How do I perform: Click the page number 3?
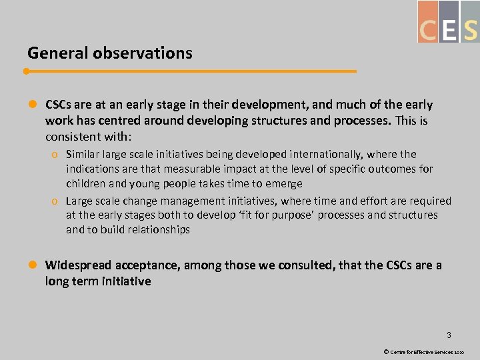[449, 335]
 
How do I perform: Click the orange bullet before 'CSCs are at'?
[31, 105]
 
